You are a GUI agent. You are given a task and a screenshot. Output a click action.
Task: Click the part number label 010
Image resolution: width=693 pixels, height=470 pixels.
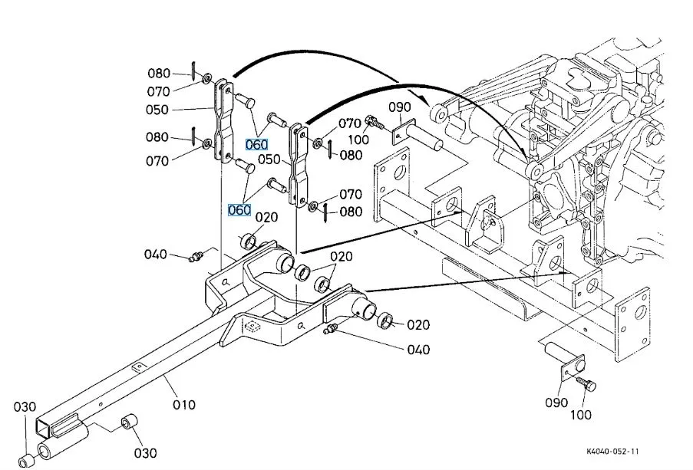184,404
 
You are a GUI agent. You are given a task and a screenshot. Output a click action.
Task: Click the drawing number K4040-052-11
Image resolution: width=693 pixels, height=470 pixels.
612,451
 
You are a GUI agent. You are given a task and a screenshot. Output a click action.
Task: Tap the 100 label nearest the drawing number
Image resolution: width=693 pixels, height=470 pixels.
580,414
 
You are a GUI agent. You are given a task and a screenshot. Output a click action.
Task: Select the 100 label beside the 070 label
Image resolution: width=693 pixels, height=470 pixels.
358,140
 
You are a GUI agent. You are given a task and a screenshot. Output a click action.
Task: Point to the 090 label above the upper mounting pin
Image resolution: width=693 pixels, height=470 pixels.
400,107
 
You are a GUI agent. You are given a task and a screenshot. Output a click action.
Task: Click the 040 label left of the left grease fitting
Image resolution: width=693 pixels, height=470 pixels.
156,254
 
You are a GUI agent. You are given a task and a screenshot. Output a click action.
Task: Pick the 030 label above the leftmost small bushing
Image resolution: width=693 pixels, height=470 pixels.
25,406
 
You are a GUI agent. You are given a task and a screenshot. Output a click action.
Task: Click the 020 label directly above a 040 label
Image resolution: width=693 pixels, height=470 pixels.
418,324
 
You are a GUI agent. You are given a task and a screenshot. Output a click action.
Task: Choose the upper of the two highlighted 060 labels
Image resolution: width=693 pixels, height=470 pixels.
256,144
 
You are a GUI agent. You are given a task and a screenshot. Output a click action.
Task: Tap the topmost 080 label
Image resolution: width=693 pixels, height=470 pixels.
159,73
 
